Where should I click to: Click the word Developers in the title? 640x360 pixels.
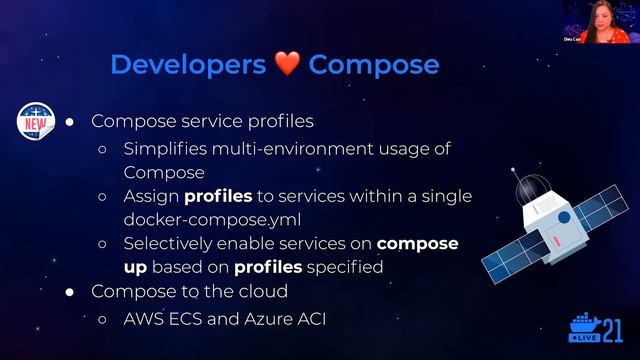click(x=187, y=65)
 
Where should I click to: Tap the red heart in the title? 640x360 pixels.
click(x=286, y=65)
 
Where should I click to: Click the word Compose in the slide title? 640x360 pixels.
click(x=373, y=65)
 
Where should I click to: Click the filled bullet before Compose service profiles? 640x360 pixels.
click(x=70, y=121)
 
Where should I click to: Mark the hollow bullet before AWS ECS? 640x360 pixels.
click(x=103, y=319)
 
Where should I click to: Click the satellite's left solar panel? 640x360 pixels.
click(x=515, y=256)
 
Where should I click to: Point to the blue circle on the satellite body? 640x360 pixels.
click(x=563, y=217)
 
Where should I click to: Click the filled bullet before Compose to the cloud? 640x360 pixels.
click(x=70, y=292)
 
